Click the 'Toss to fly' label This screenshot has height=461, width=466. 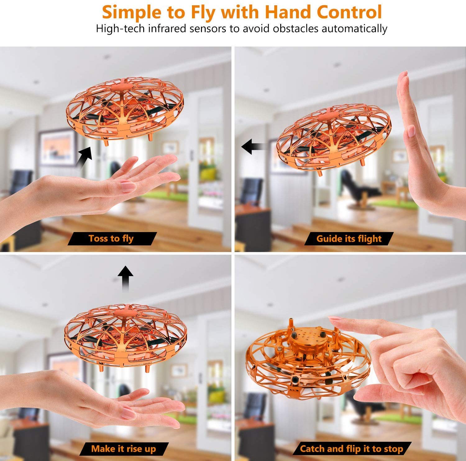pos(111,239)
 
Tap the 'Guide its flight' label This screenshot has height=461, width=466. pos(349,239)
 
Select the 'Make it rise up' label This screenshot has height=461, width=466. pos(123,449)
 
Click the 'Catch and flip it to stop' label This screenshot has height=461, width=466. pos(351,449)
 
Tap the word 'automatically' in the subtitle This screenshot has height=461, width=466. pos(354,29)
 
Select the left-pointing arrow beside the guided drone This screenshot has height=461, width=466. pos(254,147)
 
